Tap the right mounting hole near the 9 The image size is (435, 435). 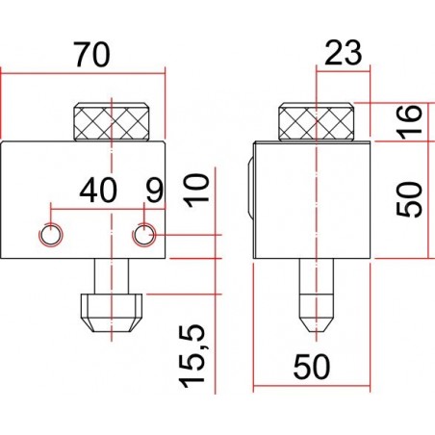[x=143, y=234]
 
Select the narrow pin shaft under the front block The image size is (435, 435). [x=113, y=274]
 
